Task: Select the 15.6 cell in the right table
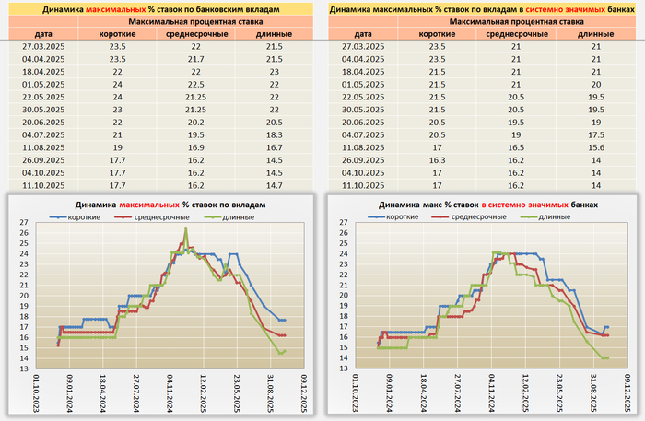tap(590, 146)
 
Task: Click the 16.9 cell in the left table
tap(195, 146)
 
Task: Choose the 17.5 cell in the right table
tap(590, 134)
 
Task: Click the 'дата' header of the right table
tap(360, 33)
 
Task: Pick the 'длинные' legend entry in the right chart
tap(553, 216)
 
